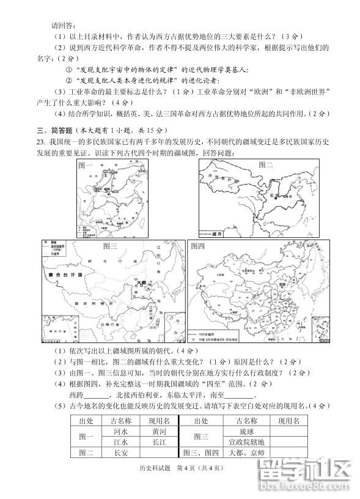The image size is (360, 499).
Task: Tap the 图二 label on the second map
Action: pyautogui.click(x=266, y=164)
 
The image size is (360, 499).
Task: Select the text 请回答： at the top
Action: pyautogui.click(x=63, y=24)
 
